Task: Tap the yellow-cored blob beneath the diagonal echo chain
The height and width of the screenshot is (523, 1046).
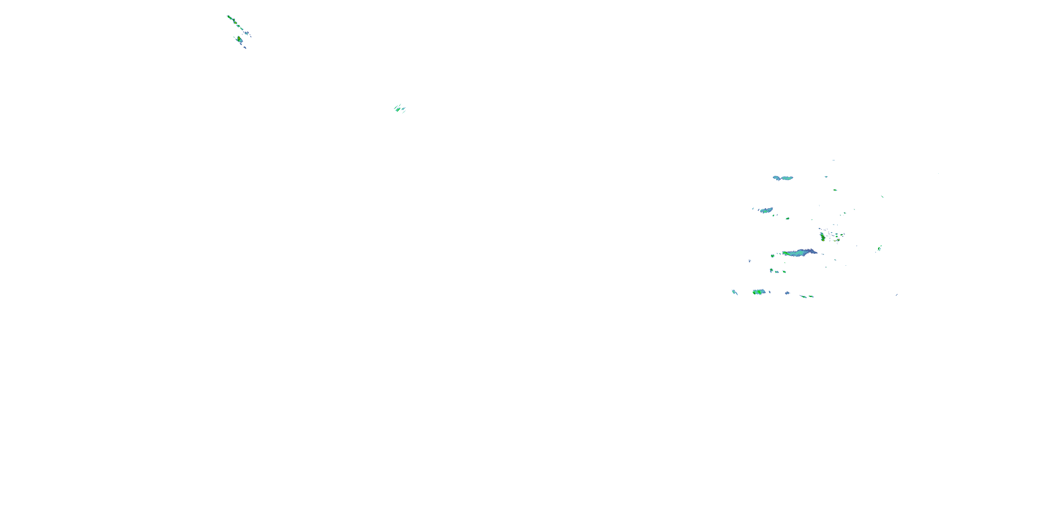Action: [239, 39]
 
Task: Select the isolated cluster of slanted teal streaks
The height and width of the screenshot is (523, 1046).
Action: [400, 108]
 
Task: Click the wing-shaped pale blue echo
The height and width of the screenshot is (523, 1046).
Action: [783, 178]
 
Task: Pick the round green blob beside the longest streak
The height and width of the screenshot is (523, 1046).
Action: [773, 256]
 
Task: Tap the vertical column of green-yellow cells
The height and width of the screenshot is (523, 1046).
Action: [822, 237]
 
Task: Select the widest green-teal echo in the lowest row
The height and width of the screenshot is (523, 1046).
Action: [758, 292]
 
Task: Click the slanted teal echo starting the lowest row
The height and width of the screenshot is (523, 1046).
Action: [734, 291]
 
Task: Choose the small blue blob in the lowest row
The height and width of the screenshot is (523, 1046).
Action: [787, 293]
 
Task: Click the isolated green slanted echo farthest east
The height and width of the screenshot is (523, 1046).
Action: [879, 248]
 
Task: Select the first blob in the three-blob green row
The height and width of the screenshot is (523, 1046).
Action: [771, 270]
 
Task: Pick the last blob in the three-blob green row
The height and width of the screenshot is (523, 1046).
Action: [784, 272]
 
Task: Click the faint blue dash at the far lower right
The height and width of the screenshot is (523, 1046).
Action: [896, 295]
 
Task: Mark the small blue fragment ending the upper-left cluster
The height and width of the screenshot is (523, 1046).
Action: [244, 47]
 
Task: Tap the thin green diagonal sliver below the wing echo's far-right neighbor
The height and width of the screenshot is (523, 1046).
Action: [882, 197]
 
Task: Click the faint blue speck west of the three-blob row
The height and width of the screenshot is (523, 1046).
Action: [750, 261]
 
